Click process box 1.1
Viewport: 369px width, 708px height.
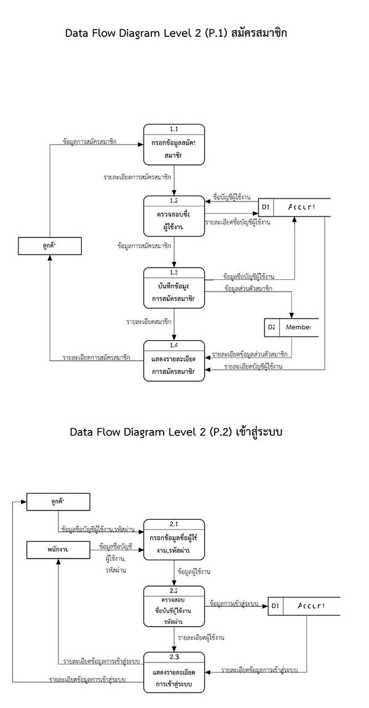coord(174,145)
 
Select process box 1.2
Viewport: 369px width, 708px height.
coord(174,216)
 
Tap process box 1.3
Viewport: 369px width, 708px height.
coord(174,288)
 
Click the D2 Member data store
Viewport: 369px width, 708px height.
coord(288,328)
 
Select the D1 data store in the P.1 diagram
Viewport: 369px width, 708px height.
coord(294,207)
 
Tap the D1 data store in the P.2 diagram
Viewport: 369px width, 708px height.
coord(304,607)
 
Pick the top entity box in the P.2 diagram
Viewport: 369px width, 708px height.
coord(58,502)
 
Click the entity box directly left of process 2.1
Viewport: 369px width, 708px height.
coord(58,549)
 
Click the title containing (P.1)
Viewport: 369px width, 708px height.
coord(176,33)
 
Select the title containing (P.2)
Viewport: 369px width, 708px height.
coord(176,432)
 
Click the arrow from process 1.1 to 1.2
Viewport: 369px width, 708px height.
coord(174,180)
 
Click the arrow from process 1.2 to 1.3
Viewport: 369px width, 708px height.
coord(174,252)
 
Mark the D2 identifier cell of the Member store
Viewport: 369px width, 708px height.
coord(271,328)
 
